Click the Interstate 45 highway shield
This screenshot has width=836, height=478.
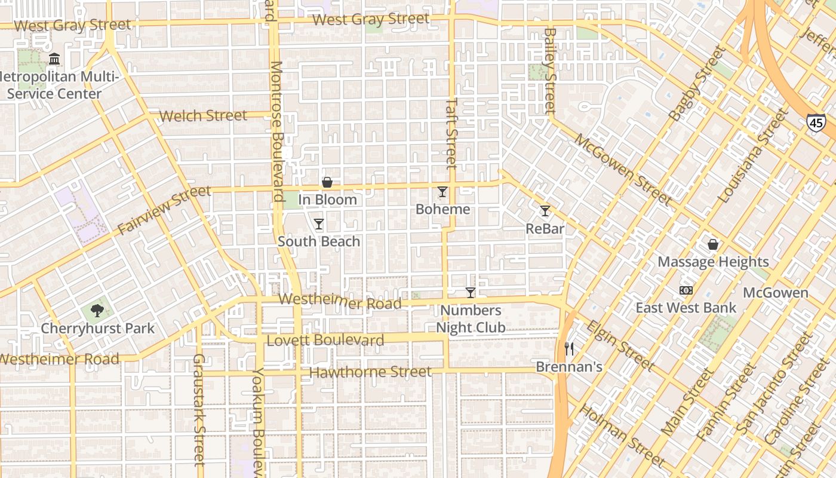pos(816,122)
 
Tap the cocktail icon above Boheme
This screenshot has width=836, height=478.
pos(442,192)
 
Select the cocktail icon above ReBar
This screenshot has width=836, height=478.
pos(545,211)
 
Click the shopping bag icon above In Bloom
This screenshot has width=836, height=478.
pos(327,182)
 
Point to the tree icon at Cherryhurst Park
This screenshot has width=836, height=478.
pos(97,311)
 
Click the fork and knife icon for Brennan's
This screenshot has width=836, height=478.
pos(569,349)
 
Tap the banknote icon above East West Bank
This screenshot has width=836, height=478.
pos(686,290)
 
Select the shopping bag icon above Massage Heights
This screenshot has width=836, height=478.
pos(713,244)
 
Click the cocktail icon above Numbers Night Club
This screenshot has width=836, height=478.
pos(471,293)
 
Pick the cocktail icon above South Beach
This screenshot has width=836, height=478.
pos(319,224)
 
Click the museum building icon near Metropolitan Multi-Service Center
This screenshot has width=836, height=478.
pos(55,59)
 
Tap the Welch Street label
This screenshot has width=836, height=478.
pos(204,115)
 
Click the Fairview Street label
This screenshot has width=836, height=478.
pos(164,210)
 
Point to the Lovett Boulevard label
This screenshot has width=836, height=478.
pos(325,341)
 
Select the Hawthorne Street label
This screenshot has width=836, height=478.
pos(370,372)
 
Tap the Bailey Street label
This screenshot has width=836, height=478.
pos(550,71)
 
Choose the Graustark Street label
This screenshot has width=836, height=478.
pos(199,409)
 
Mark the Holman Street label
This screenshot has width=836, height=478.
pos(623,436)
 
